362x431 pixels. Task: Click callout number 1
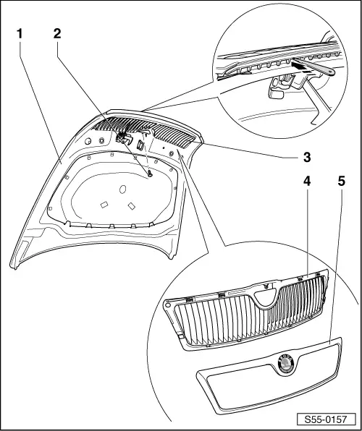click(20, 33)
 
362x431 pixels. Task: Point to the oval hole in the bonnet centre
click(122, 190)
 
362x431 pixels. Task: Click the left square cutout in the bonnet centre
click(104, 205)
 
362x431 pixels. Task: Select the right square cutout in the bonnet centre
click(130, 206)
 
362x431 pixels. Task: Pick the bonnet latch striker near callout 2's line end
click(124, 138)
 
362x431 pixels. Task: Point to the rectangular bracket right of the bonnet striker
click(141, 144)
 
